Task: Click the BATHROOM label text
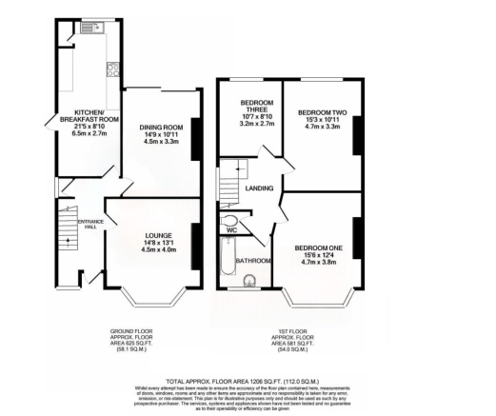pos(255,259)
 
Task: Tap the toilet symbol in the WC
pos(228,216)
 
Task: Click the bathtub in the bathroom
pos(225,262)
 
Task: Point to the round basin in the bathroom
pos(250,280)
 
